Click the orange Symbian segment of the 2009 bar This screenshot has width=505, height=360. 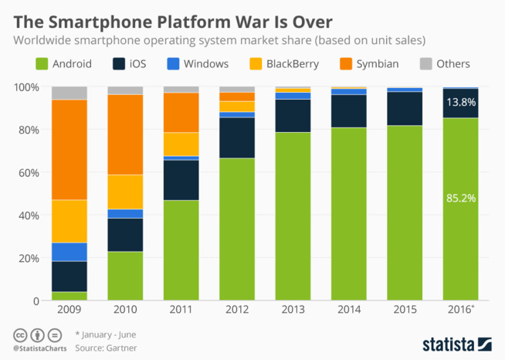[69, 150]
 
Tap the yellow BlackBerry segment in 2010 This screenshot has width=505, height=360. [125, 192]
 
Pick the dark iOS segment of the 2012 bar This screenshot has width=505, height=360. [237, 138]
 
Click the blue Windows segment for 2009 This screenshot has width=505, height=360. [69, 252]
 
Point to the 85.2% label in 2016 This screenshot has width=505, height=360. [460, 199]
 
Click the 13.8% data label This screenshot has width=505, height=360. [460, 101]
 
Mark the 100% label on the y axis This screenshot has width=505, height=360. [29, 87]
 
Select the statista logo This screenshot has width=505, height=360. [457, 342]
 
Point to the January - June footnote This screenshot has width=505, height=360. [108, 335]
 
